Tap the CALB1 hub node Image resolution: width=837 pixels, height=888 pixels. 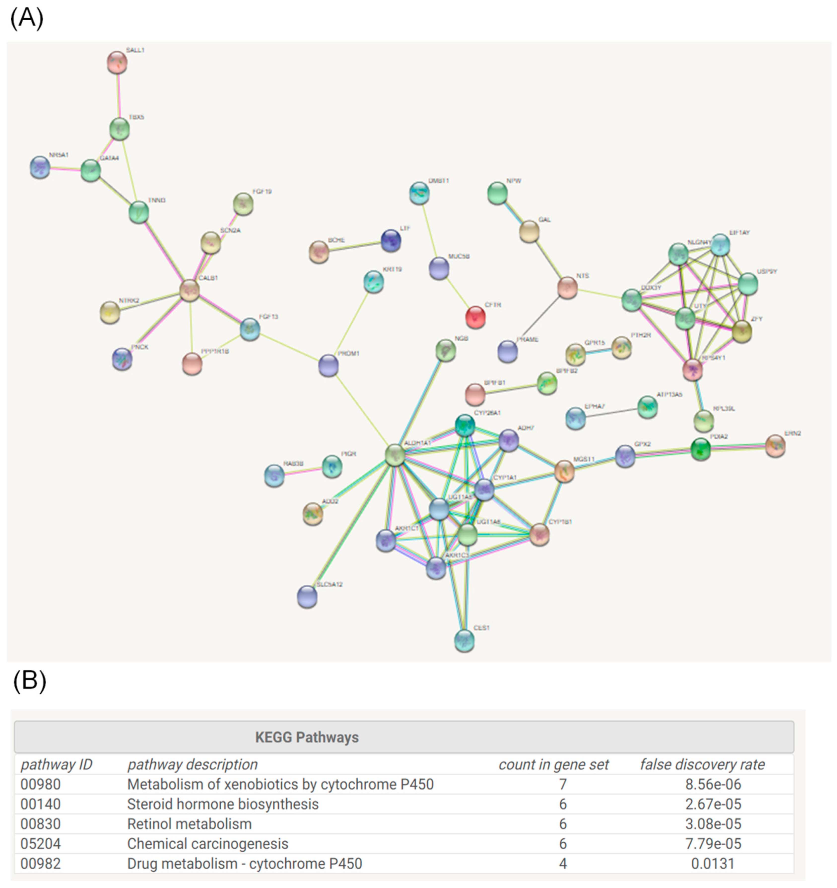tap(189, 290)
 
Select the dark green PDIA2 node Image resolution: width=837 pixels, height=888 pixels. tap(700, 449)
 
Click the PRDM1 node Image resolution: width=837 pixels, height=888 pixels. tap(328, 365)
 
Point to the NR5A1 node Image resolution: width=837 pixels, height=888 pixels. tap(40, 167)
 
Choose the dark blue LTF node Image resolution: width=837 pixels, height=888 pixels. tap(391, 240)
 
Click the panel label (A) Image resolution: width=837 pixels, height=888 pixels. tap(27, 19)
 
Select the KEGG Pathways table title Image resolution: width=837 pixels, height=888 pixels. tap(307, 737)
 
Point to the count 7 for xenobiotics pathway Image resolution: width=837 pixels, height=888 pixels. tap(563, 784)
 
